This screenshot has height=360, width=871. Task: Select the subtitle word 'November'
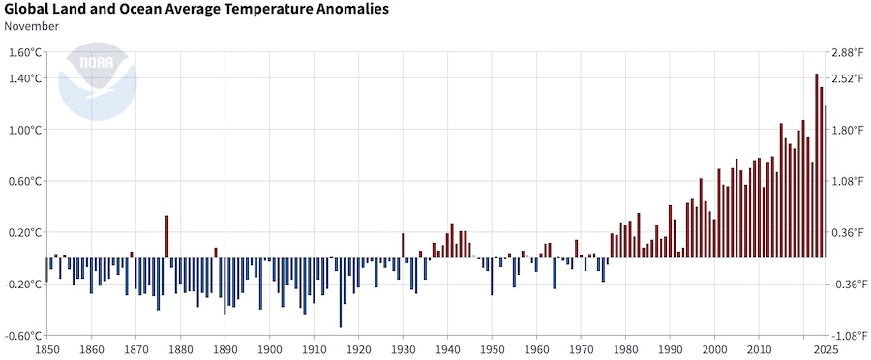[32, 26]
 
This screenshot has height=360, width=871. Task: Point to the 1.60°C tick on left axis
[25, 52]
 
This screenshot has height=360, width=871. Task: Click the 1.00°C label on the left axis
[25, 130]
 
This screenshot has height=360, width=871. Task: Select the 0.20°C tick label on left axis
[25, 233]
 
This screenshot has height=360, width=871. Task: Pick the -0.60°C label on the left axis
[23, 336]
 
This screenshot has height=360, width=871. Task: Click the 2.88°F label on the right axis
[848, 52]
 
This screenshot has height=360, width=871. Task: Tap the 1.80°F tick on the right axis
[848, 130]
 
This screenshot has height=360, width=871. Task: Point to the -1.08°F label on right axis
[846, 336]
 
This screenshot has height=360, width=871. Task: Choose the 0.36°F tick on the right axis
[848, 233]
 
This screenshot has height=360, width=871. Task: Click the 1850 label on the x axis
[46, 349]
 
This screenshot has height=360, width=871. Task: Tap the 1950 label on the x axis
[492, 349]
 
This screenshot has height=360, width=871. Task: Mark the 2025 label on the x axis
[825, 349]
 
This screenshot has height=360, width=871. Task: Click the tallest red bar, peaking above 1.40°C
[816, 165]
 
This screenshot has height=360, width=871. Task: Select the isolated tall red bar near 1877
[167, 236]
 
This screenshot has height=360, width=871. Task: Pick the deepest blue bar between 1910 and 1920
[341, 292]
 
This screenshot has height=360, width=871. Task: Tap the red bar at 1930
[403, 246]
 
